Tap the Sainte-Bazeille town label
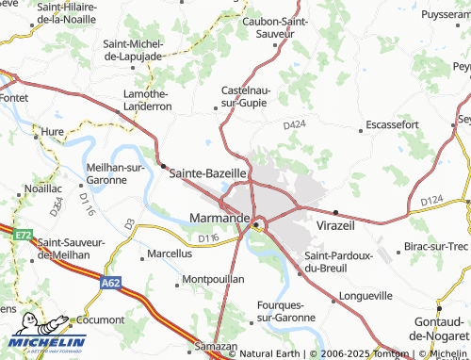[x=207, y=173]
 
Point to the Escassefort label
[x=392, y=124]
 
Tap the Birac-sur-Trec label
[x=435, y=247]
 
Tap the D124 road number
[x=431, y=201]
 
